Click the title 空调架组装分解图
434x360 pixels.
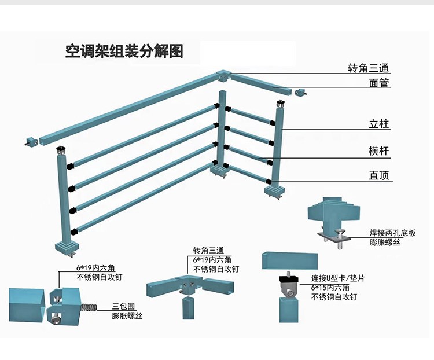(x=124, y=52)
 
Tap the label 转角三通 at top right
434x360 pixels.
(x=369, y=68)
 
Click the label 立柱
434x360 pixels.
(x=379, y=124)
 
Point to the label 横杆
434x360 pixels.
(x=379, y=152)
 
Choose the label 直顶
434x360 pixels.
(x=379, y=175)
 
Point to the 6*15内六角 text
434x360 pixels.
(x=330, y=287)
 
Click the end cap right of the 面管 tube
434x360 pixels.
(x=300, y=91)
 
